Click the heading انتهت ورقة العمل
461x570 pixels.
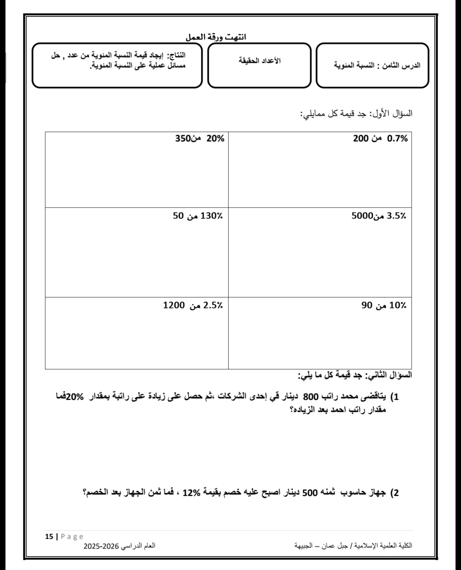point(216,37)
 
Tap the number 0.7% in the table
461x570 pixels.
point(397,139)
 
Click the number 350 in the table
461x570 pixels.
point(183,139)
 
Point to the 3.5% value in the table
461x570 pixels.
point(396,216)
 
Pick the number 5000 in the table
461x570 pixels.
point(362,216)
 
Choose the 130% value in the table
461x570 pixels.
point(211,216)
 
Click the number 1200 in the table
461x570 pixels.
point(174,305)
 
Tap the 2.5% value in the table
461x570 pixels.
point(213,305)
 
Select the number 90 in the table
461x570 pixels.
point(367,305)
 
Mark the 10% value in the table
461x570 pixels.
point(398,305)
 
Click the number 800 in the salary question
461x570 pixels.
point(311,397)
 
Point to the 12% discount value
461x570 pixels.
point(191,492)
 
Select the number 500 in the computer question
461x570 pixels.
point(311,492)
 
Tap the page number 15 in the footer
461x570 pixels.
point(49,536)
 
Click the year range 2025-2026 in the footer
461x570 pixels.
point(101,546)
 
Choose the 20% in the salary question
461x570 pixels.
point(75,397)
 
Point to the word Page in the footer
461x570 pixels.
point(72,536)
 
